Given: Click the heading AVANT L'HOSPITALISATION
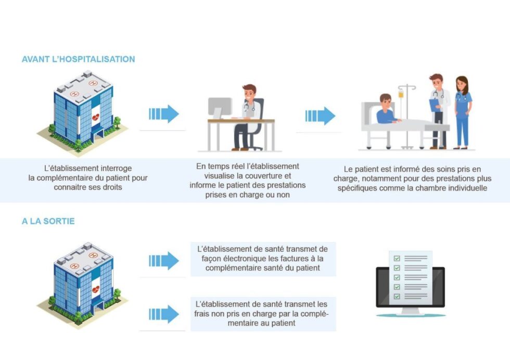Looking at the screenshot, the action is [x=79, y=59].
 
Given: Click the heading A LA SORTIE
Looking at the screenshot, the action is [x=48, y=221].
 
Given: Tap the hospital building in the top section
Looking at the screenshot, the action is [x=83, y=112].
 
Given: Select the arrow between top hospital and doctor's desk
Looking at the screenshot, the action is [x=163, y=114].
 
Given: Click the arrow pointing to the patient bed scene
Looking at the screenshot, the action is [x=320, y=116].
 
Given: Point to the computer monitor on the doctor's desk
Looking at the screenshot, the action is [x=220, y=107].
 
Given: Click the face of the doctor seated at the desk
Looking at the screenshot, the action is [x=249, y=94].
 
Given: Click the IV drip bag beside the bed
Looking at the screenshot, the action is [x=401, y=94].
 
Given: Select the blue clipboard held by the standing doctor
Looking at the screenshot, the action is [x=434, y=105].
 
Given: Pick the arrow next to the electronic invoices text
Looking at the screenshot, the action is [x=163, y=261].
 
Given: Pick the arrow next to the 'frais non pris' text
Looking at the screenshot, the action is [x=163, y=314].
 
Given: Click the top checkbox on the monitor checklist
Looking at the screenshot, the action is [x=397, y=258].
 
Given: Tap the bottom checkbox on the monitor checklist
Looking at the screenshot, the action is [x=397, y=296].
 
